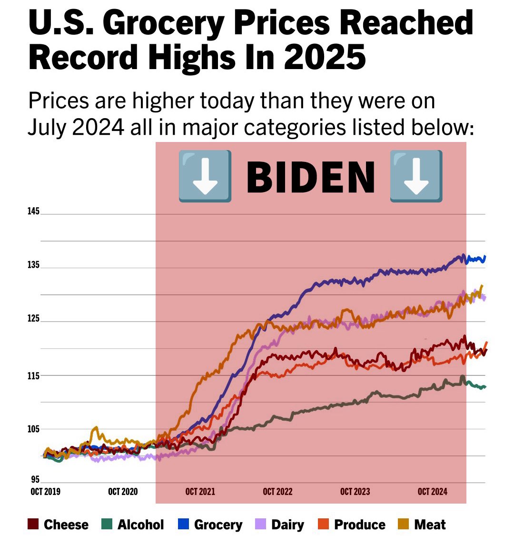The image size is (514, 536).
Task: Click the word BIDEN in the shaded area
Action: tap(310, 176)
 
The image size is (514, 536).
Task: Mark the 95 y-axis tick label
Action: tap(35, 480)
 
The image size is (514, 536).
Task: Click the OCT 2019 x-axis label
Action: tap(45, 492)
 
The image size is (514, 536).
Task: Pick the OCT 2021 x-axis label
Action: tap(200, 492)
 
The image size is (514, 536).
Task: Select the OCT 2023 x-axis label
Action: tap(355, 492)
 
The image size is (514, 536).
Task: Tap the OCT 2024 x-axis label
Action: tap(432, 492)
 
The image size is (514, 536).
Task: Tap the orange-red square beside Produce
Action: tap(323, 525)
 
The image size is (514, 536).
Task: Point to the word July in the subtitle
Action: tap(48, 127)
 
